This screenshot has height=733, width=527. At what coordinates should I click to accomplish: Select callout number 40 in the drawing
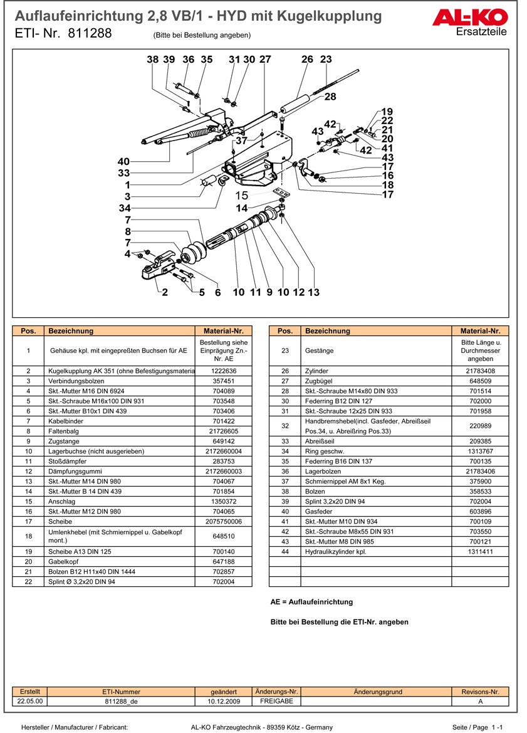point(123,162)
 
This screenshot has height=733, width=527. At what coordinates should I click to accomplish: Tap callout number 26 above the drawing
point(307,60)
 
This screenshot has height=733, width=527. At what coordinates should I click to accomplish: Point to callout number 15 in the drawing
point(241,196)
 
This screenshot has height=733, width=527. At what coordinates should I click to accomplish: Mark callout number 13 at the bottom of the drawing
point(313,292)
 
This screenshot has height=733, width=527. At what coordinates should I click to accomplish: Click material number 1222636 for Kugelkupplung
point(224,371)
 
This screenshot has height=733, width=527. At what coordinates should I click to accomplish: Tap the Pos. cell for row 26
point(284,371)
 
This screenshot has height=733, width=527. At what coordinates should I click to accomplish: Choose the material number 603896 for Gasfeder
point(480,512)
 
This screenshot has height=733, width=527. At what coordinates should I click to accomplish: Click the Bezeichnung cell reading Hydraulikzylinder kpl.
point(336,552)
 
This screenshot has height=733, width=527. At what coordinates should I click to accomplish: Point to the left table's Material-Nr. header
point(224,331)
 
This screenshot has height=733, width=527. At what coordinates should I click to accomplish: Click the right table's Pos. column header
point(284,331)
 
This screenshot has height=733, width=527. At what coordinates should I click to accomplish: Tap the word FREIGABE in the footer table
point(276,702)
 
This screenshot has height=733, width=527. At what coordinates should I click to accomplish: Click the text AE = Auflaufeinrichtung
point(311,602)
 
